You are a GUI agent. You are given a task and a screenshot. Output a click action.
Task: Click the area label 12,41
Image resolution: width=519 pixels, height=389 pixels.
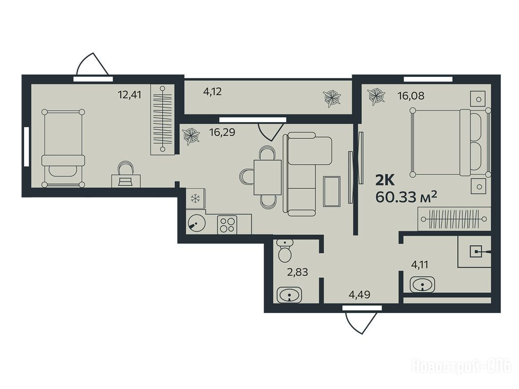129,95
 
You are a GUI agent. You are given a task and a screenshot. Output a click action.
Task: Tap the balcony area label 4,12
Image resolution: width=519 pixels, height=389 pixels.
212,92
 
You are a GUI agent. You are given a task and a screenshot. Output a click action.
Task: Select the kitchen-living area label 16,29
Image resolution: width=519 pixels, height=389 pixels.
222,132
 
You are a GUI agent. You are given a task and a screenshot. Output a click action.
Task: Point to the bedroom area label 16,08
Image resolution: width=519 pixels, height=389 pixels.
411,96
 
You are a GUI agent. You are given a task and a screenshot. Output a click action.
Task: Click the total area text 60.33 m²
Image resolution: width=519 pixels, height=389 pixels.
406,197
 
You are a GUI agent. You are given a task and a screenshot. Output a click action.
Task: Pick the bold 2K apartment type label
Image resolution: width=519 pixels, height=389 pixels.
385,181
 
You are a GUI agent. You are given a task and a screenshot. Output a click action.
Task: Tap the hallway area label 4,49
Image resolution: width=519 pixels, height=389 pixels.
359,294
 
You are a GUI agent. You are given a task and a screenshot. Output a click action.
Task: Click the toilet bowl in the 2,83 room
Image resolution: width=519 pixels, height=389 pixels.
285,251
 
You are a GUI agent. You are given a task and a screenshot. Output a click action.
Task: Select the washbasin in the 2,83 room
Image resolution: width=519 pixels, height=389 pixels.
289,295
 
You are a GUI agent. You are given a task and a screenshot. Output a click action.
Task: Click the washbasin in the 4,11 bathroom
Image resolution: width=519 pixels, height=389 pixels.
422,285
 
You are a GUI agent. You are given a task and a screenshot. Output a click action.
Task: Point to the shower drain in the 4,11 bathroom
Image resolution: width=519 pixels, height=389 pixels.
476,252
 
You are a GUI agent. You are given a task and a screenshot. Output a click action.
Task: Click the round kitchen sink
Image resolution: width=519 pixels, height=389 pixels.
196,223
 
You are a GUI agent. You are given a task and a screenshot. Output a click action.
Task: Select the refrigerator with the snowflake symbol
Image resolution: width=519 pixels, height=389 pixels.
196,199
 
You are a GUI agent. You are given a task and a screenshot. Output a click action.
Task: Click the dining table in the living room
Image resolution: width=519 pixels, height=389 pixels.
268,177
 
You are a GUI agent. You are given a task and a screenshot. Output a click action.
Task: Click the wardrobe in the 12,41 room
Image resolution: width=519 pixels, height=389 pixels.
162,120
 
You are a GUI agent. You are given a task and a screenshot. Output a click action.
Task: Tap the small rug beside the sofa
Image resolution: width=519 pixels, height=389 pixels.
331,191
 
